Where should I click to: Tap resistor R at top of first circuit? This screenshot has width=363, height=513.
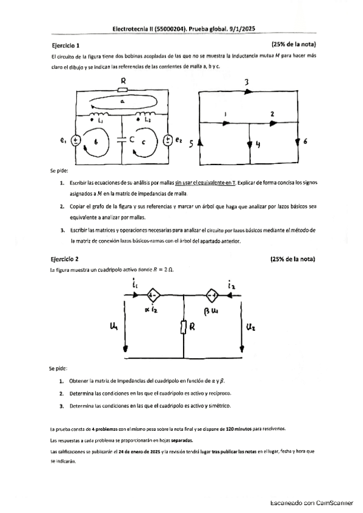[123, 88]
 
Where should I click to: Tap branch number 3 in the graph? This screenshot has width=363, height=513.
[247, 82]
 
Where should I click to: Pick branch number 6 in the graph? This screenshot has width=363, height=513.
[305, 142]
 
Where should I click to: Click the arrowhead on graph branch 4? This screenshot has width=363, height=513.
[250, 145]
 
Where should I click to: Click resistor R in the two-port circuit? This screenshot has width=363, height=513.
[183, 328]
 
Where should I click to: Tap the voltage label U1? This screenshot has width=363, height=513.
[113, 327]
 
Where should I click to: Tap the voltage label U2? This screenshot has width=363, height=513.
[252, 327]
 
